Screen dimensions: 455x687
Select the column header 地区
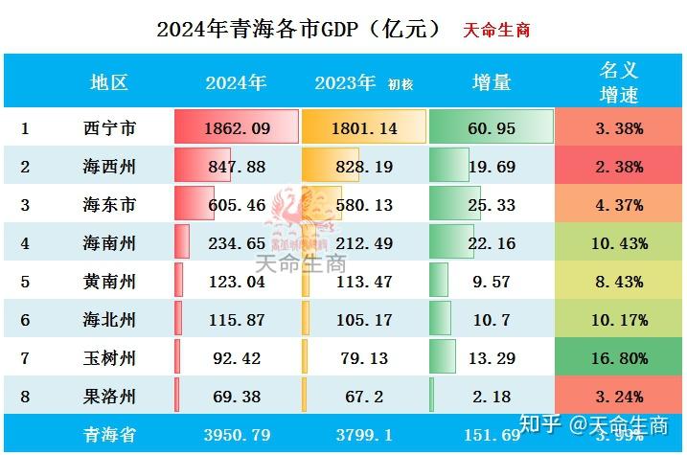pyautogui.click(x=109, y=82)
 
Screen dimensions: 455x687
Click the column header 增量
pyautogui.click(x=491, y=82)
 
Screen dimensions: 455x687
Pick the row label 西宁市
pyautogui.click(x=109, y=127)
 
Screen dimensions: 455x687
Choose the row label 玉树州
pyautogui.click(x=109, y=358)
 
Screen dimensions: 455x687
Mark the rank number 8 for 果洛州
pyautogui.click(x=26, y=397)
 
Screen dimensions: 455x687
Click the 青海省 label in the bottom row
pyautogui.click(x=109, y=435)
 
